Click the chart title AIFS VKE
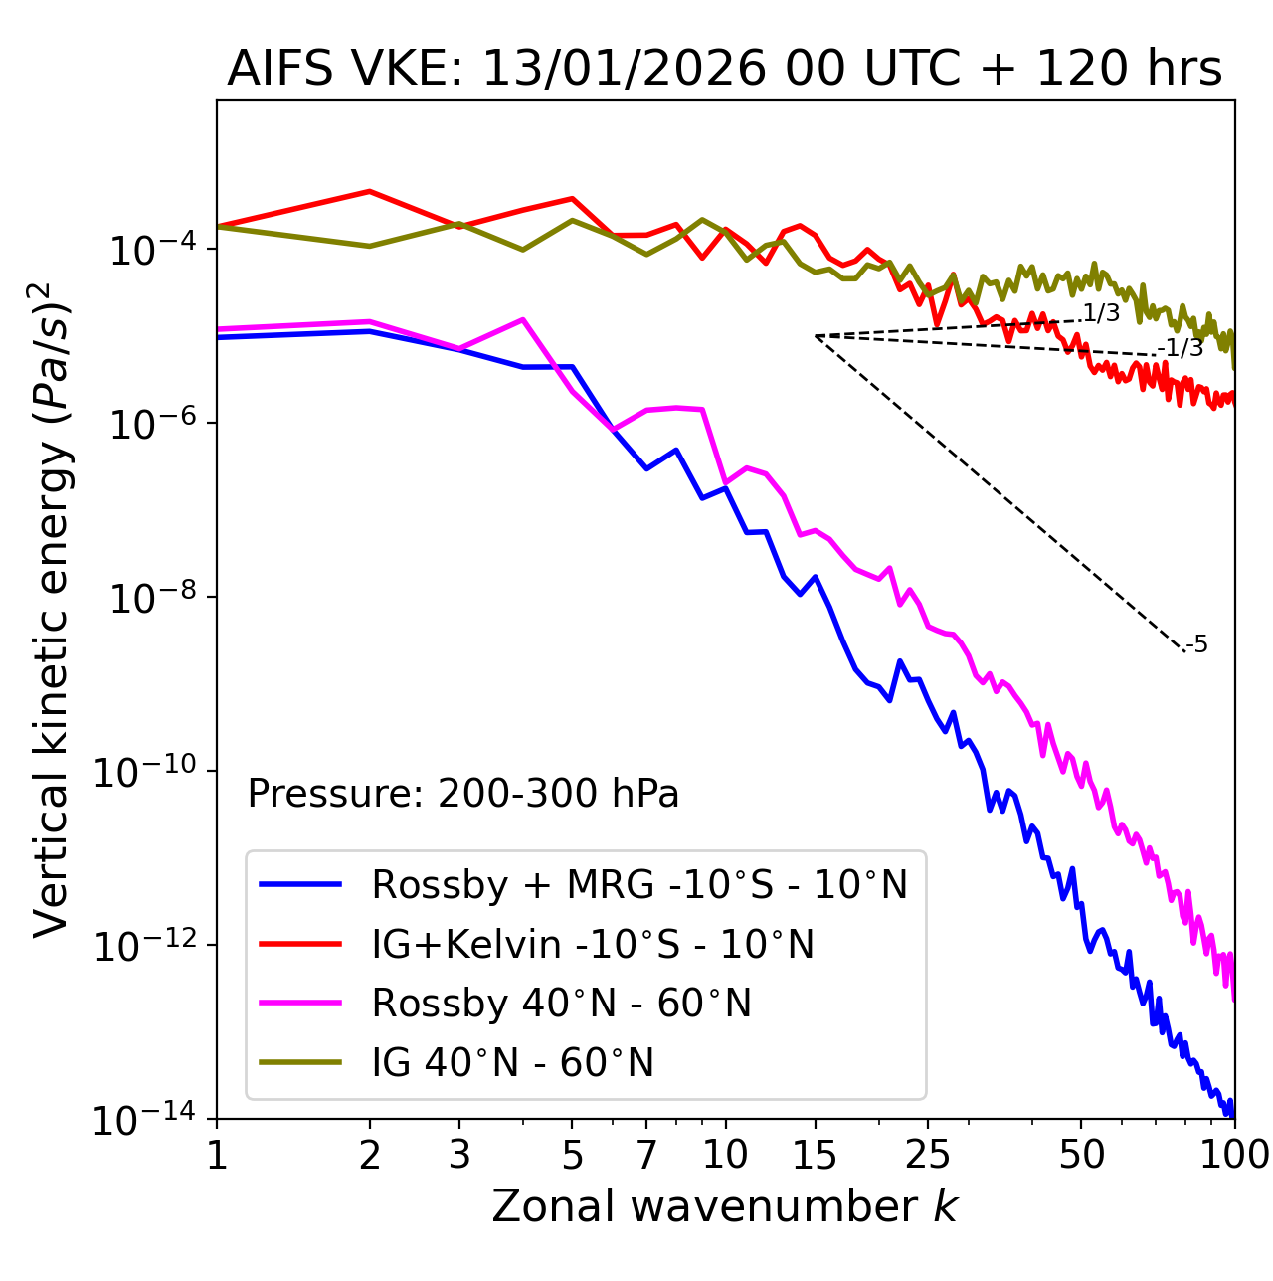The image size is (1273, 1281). coord(724,70)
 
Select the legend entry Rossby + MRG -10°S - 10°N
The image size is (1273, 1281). coord(639,884)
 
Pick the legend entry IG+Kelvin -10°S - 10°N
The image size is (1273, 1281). coord(593,944)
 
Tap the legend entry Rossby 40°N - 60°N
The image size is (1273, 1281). coord(561,1004)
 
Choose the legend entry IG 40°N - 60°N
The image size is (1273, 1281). coord(512,1063)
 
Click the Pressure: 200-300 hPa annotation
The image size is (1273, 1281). coord(462,794)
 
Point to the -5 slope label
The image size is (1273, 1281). coord(1197,645)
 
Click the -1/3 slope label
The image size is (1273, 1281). coord(1182,348)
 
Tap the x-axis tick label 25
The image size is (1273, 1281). coord(928,1155)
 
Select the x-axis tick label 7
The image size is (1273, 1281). coord(646,1155)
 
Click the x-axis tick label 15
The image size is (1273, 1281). coord(815,1155)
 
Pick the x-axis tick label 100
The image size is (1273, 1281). coord(1234,1155)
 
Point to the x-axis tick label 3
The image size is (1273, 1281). coord(459,1155)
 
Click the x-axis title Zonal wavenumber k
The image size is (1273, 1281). coord(724,1207)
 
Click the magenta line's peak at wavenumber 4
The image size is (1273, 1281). coord(523,319)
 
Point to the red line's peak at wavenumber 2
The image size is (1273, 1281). coord(370,191)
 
